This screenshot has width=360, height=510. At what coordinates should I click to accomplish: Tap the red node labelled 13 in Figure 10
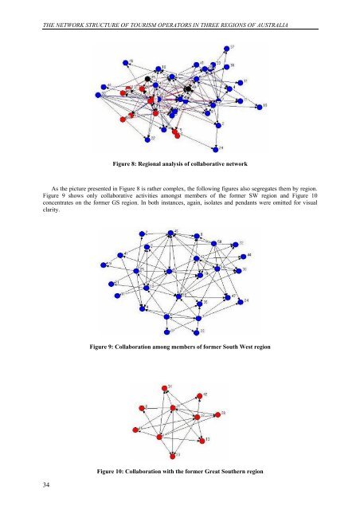(202, 439)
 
